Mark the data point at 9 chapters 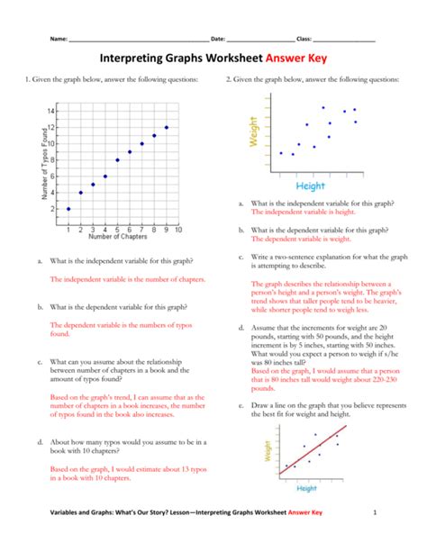pos(167,127)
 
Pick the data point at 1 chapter pos(68,209)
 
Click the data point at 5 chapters pos(118,160)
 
